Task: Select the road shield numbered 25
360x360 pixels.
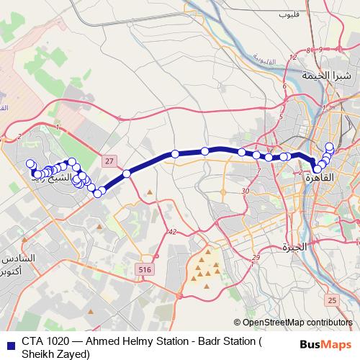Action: [330, 300]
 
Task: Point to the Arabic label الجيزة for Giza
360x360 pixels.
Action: [295, 248]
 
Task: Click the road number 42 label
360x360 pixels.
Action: [171, 231]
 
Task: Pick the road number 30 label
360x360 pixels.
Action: [246, 192]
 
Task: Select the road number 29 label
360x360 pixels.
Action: [256, 258]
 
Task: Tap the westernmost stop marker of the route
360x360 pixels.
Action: [30, 164]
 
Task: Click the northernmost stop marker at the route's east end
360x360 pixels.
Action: [330, 147]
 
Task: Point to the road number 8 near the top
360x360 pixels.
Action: [308, 50]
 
